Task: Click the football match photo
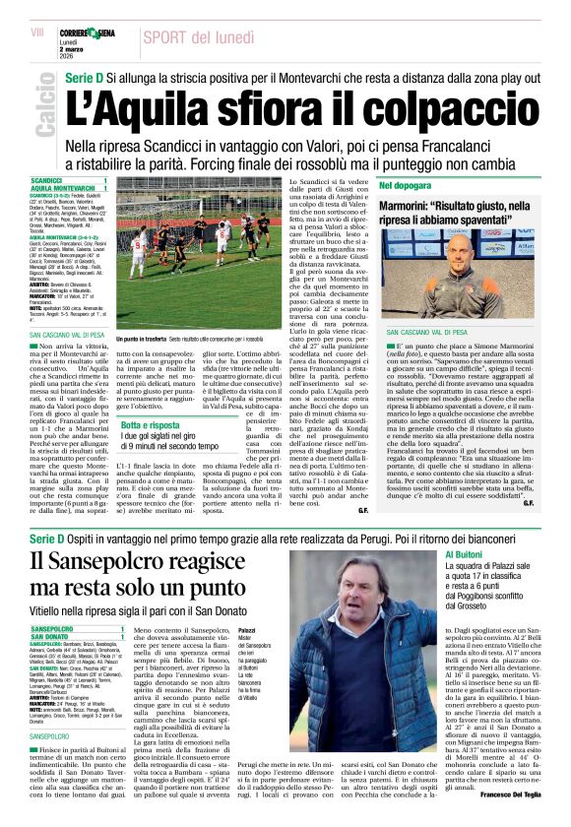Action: (199, 253)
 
